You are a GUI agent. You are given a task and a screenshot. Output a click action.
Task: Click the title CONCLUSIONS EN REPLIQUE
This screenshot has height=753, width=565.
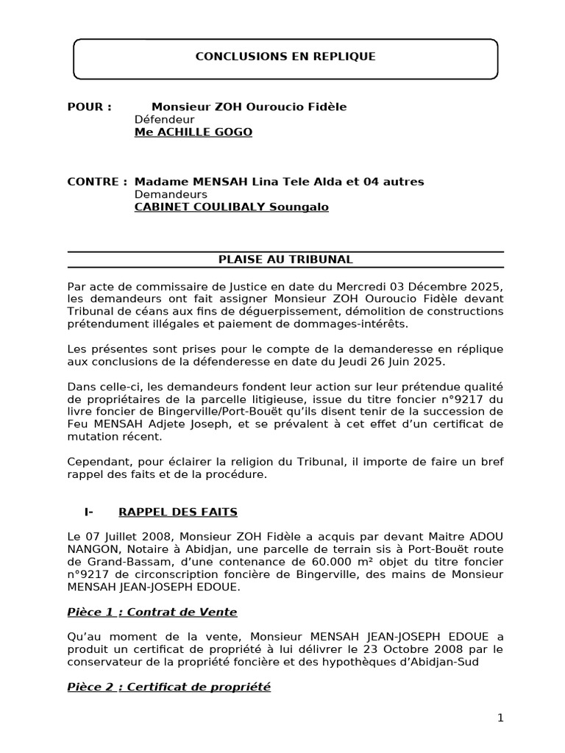(x=285, y=57)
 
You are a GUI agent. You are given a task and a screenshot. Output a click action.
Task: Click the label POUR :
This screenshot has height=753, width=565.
(x=89, y=107)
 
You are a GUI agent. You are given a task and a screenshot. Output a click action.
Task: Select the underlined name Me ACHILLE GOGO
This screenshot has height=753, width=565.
(x=193, y=132)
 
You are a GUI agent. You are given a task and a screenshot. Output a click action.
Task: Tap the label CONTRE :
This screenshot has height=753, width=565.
(x=97, y=182)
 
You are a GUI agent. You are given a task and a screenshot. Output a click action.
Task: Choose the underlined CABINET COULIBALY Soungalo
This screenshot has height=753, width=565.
(x=231, y=207)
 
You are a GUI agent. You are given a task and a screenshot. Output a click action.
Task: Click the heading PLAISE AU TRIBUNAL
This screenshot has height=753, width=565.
(x=285, y=260)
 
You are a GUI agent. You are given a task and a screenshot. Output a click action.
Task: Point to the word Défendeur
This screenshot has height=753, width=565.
(x=164, y=119)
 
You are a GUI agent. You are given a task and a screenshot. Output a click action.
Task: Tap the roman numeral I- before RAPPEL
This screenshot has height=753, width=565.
(x=89, y=512)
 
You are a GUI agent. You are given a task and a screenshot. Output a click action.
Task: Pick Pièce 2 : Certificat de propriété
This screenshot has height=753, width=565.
(x=168, y=688)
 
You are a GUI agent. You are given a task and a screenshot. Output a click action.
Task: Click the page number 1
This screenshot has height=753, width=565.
(x=500, y=718)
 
